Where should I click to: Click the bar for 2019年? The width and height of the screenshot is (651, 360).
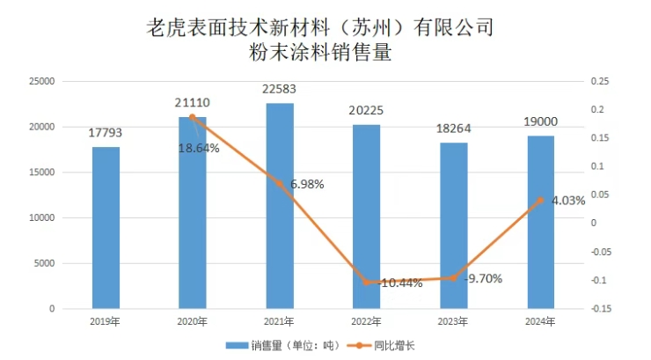coord(106,227)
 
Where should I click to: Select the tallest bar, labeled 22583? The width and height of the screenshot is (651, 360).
coord(280,206)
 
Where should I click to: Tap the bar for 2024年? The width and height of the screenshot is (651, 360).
coord(540,222)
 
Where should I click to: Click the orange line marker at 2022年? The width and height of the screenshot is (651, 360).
coord(366,282)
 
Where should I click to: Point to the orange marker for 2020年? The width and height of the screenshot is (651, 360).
coord(193,117)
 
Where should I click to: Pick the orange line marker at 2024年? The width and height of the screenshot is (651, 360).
coord(540,200)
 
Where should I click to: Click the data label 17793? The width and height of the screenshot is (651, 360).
coord(106,134)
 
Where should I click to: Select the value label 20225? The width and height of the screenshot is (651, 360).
coord(366,111)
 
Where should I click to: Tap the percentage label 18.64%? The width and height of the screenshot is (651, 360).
coord(199,148)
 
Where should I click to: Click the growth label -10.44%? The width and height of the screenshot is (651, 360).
coord(400,283)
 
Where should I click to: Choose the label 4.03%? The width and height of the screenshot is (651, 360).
coord(568,201)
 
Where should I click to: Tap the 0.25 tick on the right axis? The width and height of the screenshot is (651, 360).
coord(601,81)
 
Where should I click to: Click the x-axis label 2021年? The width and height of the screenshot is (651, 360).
coord(280,322)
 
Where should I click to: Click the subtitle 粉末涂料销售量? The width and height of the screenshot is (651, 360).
coord(320,53)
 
